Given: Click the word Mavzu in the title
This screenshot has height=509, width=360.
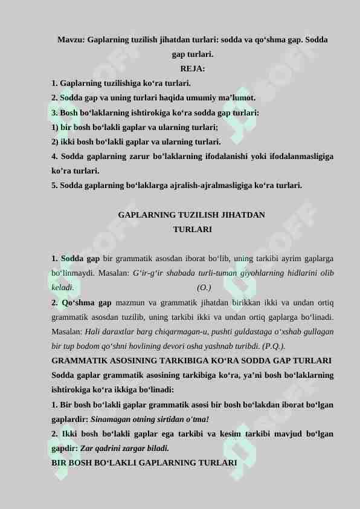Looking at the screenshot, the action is [x=71, y=40].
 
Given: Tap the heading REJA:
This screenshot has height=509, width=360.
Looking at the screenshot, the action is [x=192, y=68].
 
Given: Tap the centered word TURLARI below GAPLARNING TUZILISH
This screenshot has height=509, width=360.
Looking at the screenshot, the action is [x=192, y=230].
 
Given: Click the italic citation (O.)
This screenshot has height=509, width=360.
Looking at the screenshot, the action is [x=204, y=288].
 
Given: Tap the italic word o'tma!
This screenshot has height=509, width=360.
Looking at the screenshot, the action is [x=196, y=419].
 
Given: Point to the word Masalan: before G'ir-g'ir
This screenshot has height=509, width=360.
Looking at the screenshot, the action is [x=112, y=273].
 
